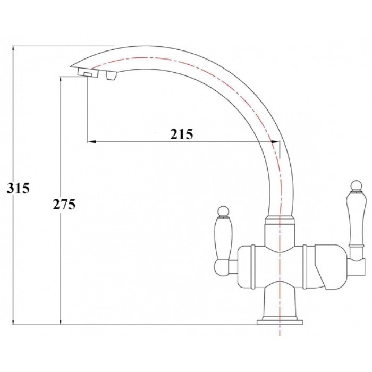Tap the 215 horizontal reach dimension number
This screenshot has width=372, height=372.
[x=181, y=134]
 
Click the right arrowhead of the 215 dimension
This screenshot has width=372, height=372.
[x=275, y=142]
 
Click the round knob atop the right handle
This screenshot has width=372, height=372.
[x=354, y=185]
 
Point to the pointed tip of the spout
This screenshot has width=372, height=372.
[x=72, y=66]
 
